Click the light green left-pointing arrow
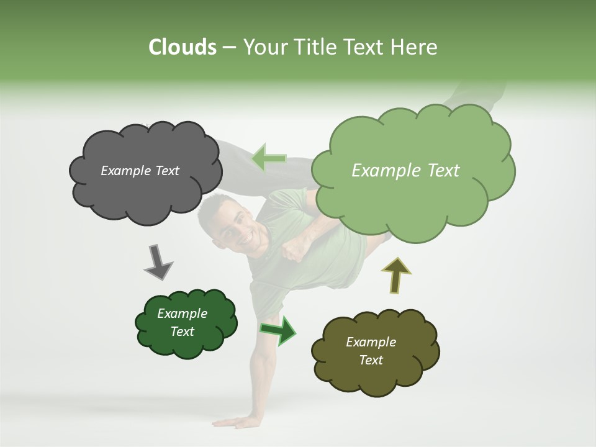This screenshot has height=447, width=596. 268,159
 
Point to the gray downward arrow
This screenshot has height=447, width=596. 158,262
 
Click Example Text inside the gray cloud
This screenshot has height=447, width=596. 140,171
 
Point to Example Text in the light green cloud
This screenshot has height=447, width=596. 405,171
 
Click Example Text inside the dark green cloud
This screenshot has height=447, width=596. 182,322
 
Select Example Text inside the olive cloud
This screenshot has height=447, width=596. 371,351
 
